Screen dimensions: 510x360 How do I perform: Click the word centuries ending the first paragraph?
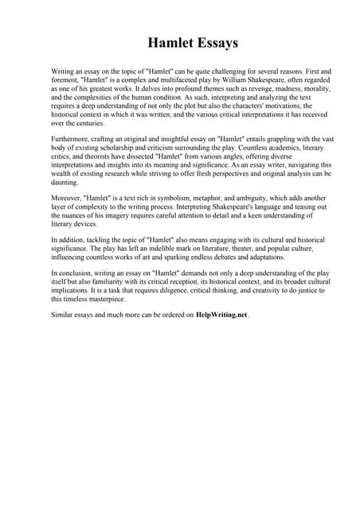coord(86,124)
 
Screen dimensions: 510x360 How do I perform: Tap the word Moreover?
coord(68,199)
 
